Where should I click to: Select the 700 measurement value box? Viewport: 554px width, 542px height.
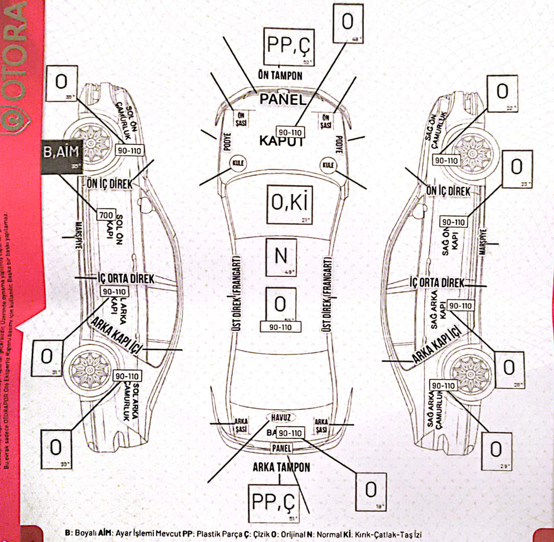coord(106,215)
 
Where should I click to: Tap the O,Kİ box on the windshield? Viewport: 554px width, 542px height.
coord(289,203)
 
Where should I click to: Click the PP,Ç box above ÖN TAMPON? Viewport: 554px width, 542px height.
coord(289,46)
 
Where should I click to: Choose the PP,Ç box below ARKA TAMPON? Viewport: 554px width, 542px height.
coord(273,503)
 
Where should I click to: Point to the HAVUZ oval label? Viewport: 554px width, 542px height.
coord(281,417)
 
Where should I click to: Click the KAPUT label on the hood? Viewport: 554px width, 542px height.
coord(282,141)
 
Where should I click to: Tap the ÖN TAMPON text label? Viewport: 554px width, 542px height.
coord(280,75)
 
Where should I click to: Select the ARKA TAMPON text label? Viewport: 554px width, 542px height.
coord(281,467)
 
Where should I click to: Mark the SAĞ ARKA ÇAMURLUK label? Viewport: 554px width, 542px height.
coord(437,408)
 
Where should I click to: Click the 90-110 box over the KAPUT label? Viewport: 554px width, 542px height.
coord(290,133)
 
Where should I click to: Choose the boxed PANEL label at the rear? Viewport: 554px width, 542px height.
coord(281,448)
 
